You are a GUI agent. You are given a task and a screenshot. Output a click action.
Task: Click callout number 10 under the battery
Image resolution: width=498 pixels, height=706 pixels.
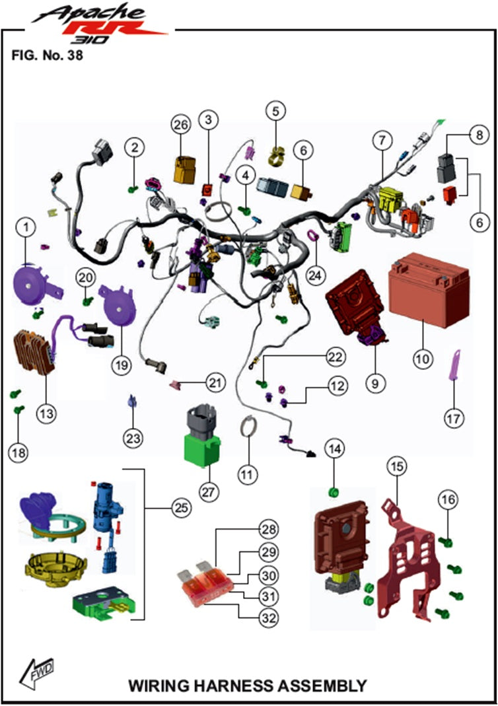tap(423, 359)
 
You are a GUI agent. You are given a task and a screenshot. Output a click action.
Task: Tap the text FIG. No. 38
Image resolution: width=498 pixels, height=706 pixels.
tap(46, 55)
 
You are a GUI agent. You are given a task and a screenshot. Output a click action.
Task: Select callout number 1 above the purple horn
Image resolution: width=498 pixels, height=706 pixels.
tap(26, 229)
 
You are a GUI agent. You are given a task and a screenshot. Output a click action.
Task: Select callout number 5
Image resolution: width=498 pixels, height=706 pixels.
tap(276, 109)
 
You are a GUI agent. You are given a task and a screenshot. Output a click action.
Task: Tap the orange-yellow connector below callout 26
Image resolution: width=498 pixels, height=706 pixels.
tap(182, 169)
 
